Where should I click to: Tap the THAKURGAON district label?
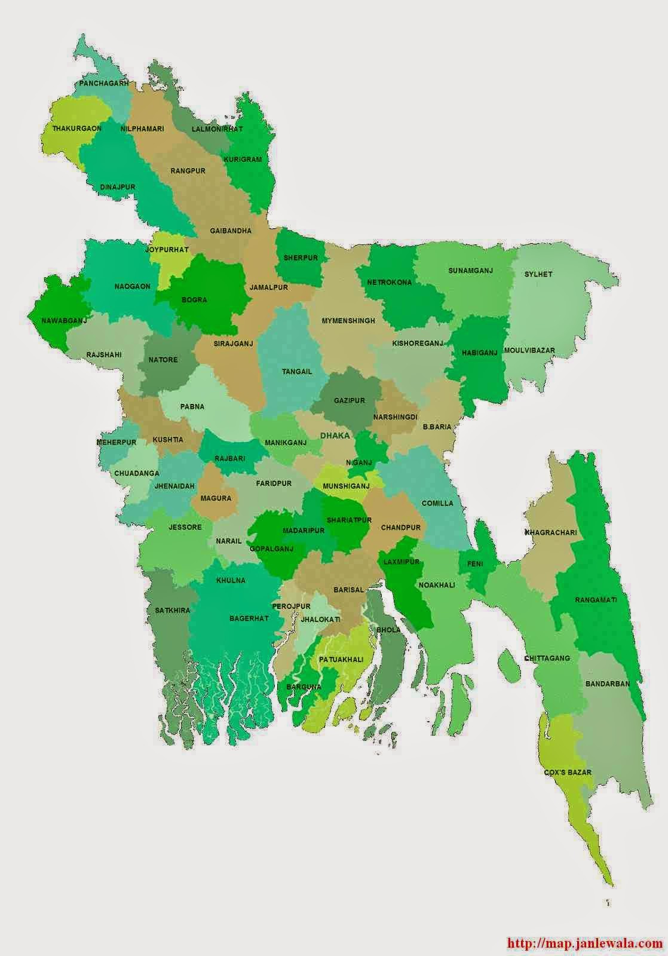[x=76, y=128]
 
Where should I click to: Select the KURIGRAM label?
[x=243, y=160]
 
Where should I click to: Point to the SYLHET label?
[x=538, y=274]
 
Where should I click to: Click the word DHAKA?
[x=335, y=436]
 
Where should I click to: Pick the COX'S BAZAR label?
[x=568, y=772]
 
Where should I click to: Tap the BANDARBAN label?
[x=608, y=684]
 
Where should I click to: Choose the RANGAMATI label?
[x=596, y=599]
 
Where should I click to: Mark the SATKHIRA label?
[x=172, y=610]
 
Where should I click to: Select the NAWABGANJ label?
[x=64, y=321]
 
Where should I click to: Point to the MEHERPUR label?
[x=117, y=442]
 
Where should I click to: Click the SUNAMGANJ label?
[x=470, y=271]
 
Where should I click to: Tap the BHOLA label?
[x=388, y=630]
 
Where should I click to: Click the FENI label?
[x=476, y=563]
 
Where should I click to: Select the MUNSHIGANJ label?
[x=346, y=486]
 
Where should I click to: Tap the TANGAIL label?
[x=297, y=372]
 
